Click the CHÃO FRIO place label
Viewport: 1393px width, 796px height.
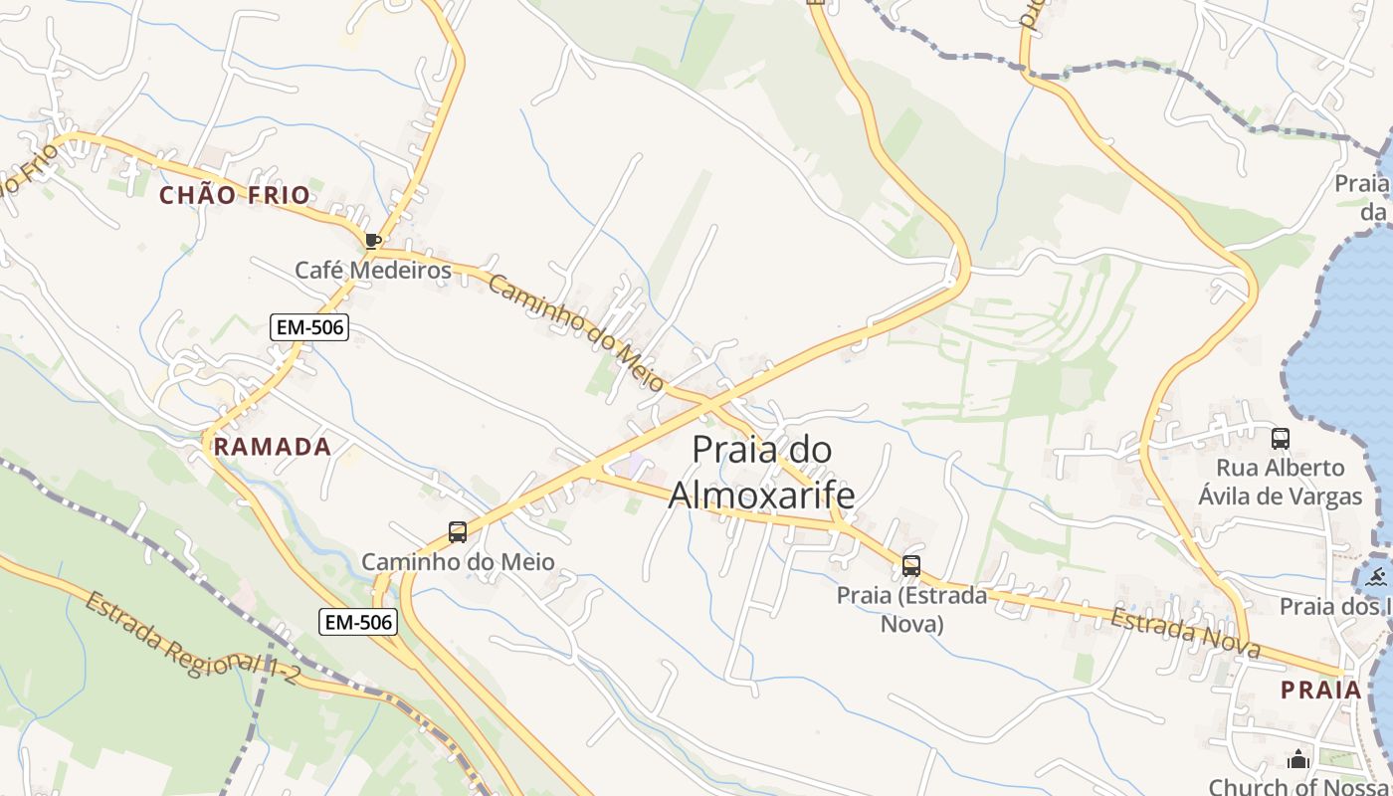(235, 195)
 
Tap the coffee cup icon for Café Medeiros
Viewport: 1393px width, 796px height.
(373, 241)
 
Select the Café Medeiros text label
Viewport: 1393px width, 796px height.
(373, 270)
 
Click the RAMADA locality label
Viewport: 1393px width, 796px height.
(273, 447)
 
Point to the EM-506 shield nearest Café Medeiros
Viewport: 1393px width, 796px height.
(309, 326)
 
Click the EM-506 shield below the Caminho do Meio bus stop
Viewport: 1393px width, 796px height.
(358, 623)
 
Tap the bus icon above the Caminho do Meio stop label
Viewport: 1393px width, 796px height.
(458, 532)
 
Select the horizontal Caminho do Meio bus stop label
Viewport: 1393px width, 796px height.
(458, 561)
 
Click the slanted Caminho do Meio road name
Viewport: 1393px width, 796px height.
(577, 334)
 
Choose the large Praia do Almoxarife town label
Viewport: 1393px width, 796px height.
(762, 472)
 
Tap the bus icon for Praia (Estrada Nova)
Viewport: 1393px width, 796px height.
(911, 566)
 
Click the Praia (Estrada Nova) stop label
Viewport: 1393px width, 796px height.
(911, 609)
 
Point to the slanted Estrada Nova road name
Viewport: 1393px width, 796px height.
(1185, 634)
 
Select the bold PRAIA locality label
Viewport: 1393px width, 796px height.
(1320, 690)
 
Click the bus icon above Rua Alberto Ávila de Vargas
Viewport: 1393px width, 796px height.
(1281, 438)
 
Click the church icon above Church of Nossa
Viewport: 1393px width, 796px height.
(1297, 760)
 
